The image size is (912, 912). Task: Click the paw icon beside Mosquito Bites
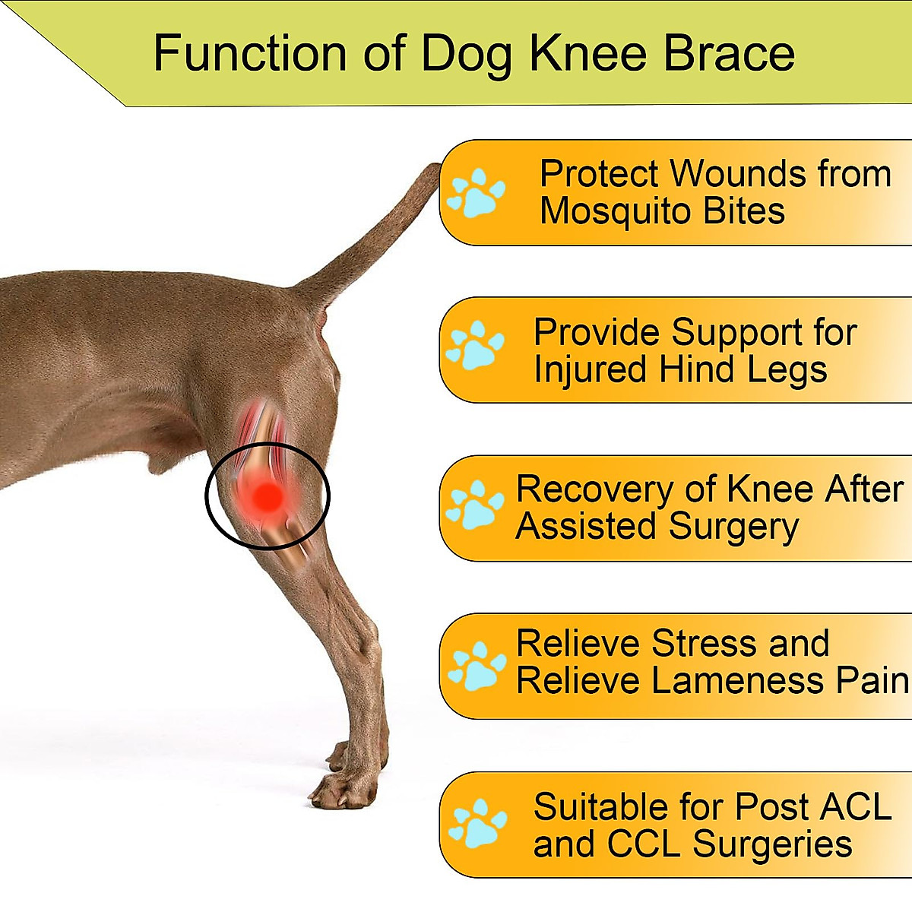476,193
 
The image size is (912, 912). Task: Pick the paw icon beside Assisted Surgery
475,505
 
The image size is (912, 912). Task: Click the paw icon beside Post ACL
477,823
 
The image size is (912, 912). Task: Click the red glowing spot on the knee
267,496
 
